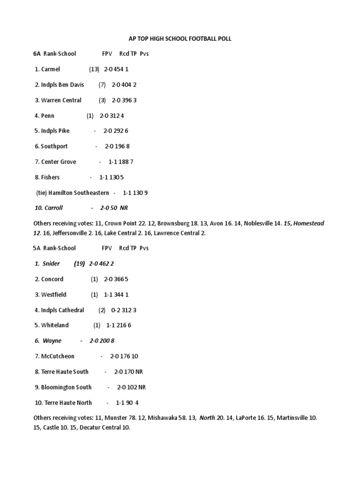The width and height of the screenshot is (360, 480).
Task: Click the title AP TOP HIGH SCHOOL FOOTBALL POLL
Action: pyautogui.click(x=180, y=39)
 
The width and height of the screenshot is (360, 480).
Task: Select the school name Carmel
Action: pyautogui.click(x=51, y=69)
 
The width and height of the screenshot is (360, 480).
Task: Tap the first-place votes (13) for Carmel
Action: pyautogui.click(x=94, y=69)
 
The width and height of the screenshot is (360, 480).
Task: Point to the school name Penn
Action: pyautogui.click(x=47, y=116)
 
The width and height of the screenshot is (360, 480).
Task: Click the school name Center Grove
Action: pyautogui.click(x=59, y=162)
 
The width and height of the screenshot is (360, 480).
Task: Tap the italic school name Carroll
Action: pyautogui.click(x=53, y=208)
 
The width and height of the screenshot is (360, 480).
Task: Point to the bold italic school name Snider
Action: pyautogui.click(x=51, y=263)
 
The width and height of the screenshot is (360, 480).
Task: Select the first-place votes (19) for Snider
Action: pyautogui.click(x=79, y=263)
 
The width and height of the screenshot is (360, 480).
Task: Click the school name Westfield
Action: pyautogui.click(x=53, y=295)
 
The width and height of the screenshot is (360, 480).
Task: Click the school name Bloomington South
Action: pyautogui.click(x=65, y=387)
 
